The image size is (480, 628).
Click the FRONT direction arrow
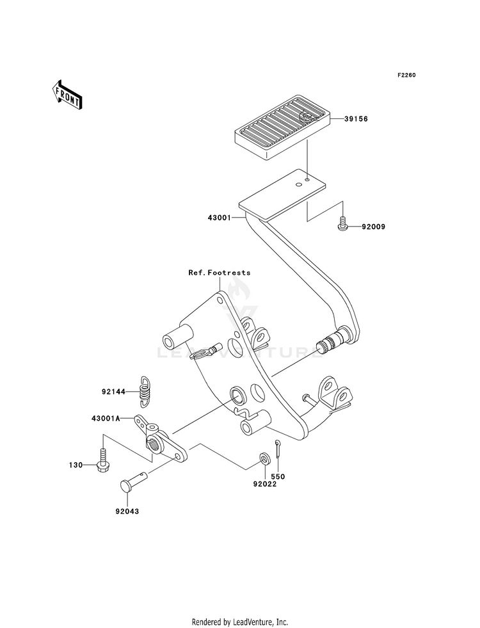[x=67, y=95]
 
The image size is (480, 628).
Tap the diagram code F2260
[x=406, y=75]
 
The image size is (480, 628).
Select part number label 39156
[x=356, y=119]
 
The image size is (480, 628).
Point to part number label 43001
[x=220, y=218]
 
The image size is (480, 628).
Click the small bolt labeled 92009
[x=342, y=223]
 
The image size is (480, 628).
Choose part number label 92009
[x=373, y=227]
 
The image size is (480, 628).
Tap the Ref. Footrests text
[x=220, y=272]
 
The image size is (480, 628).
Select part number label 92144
[x=113, y=392]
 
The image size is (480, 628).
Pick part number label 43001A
[x=106, y=419]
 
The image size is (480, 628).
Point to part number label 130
[x=76, y=465]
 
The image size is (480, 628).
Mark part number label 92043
[x=127, y=511]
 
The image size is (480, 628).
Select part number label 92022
[x=264, y=484]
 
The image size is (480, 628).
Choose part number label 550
[x=278, y=477]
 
